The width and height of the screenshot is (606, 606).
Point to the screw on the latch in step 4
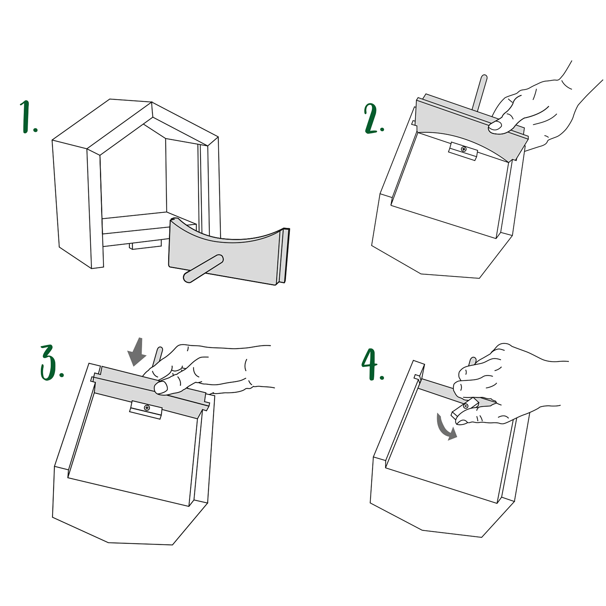click(465, 406)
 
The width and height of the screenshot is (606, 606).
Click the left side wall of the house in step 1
click(71, 204)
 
